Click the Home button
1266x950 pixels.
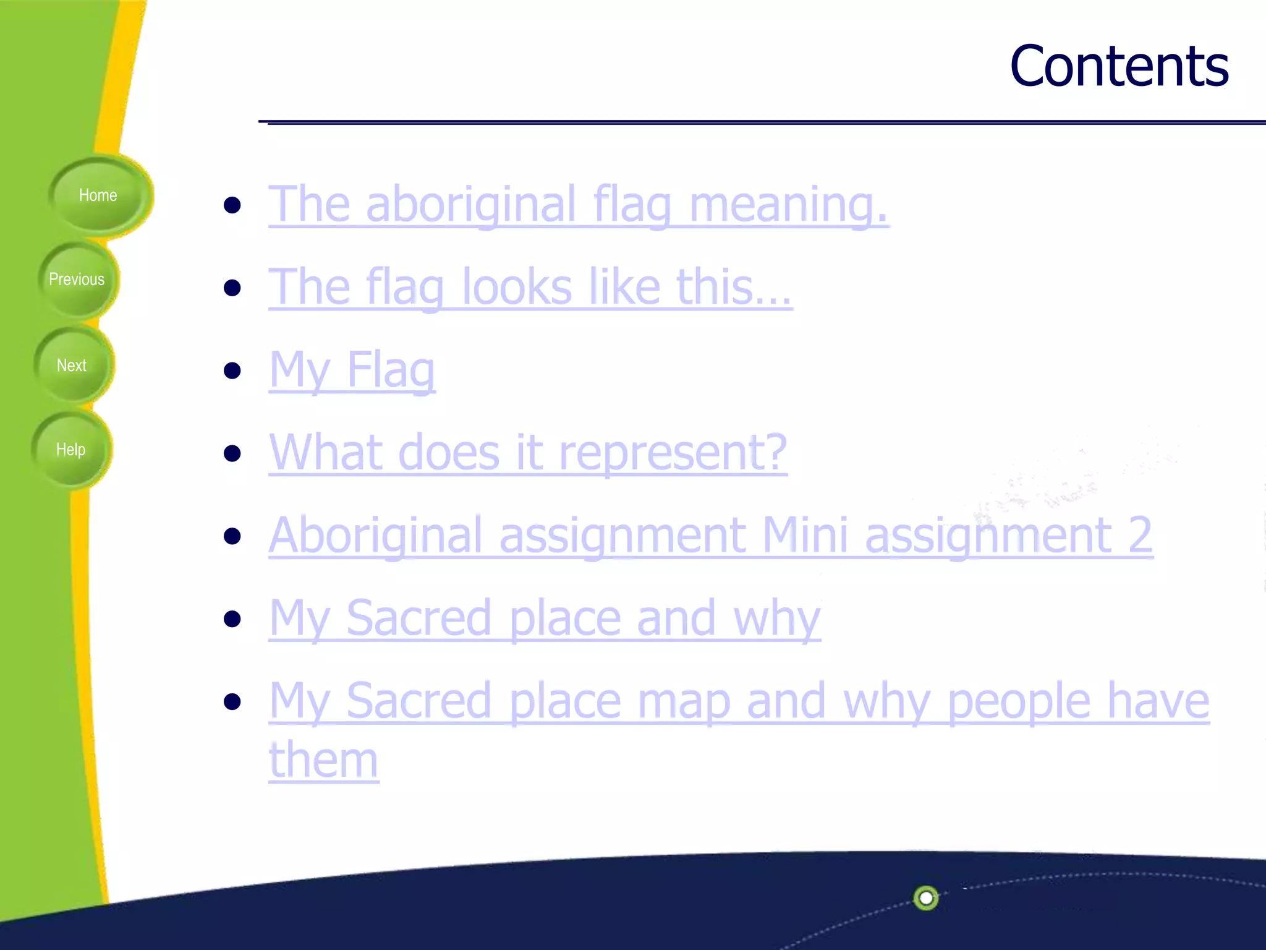(99, 195)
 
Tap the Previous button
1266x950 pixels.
(77, 280)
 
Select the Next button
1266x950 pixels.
(72, 365)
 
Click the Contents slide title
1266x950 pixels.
(1119, 66)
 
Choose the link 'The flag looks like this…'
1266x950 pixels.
(530, 287)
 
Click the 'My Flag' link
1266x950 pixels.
(352, 370)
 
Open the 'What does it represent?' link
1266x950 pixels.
(528, 453)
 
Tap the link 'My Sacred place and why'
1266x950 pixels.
(544, 618)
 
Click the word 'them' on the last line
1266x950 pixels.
(323, 760)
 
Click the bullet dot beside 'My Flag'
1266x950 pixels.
(232, 371)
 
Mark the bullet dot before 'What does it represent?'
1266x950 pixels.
(232, 453)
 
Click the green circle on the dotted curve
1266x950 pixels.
(925, 897)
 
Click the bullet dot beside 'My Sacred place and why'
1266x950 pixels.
(232, 618)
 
